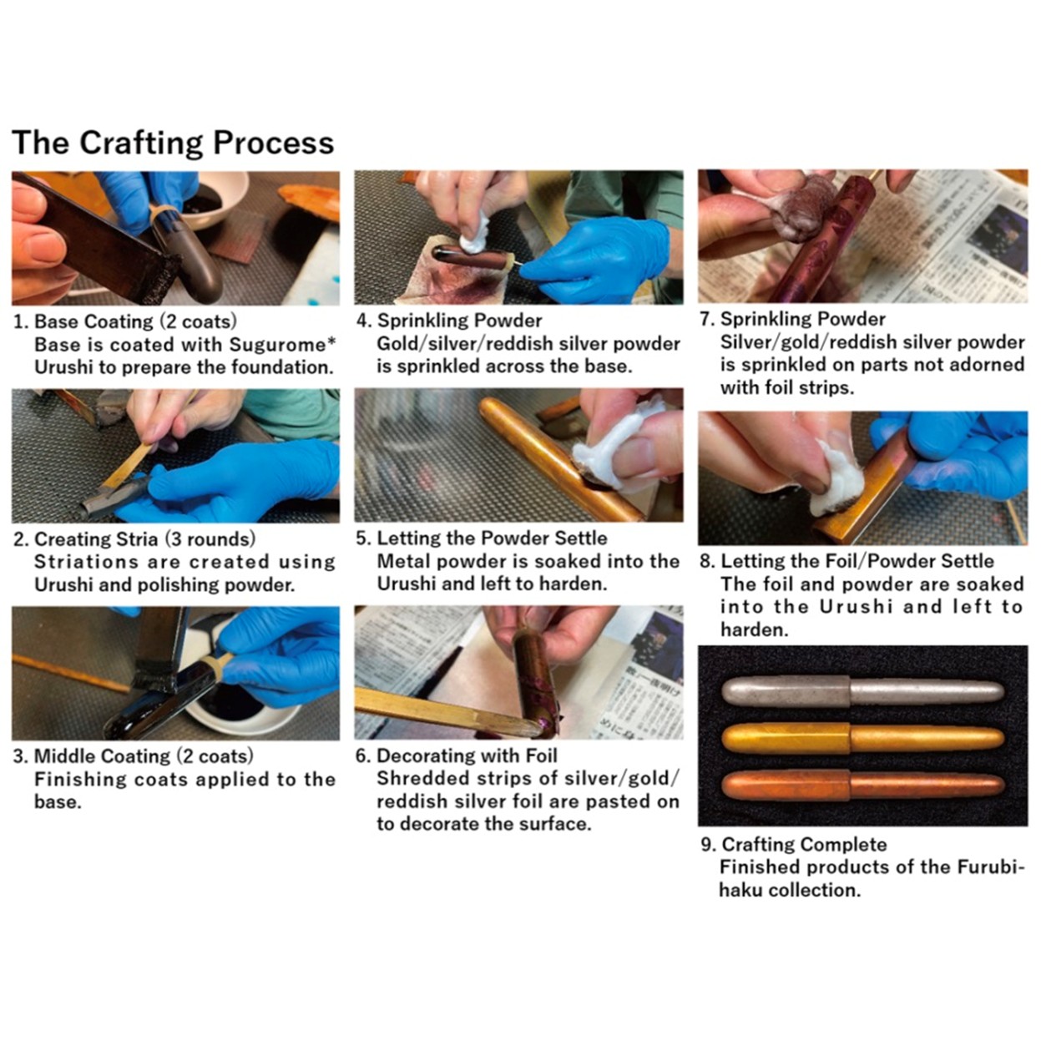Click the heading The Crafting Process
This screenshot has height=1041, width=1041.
tap(173, 144)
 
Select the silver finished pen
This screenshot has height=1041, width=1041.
tap(862, 692)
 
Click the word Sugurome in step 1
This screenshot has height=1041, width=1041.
tap(282, 344)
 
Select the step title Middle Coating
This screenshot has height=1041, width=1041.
tap(102, 755)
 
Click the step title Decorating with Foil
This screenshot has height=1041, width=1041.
tap(467, 755)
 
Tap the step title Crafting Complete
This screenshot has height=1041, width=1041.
tap(805, 844)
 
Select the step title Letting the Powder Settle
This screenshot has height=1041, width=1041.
tap(492, 538)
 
